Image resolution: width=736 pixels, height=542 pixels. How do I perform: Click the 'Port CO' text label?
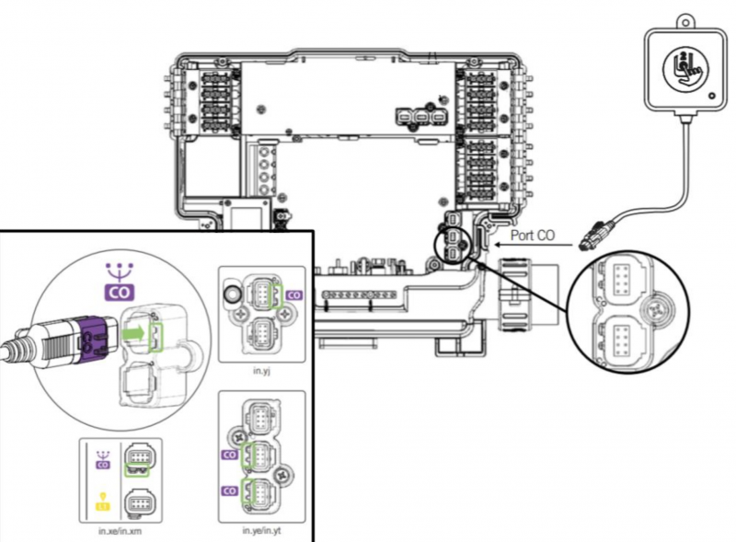pos(533,235)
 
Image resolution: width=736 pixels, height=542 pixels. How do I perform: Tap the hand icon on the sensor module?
pos(685,69)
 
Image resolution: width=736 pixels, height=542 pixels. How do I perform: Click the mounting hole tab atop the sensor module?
pos(685,21)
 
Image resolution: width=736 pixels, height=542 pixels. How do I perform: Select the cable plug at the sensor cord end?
pos(597,236)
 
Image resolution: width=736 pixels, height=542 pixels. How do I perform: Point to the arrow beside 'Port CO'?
pos(535,245)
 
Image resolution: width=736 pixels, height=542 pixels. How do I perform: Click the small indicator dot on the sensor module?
pos(712,96)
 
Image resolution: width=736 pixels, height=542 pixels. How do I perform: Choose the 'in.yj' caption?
pos(261,371)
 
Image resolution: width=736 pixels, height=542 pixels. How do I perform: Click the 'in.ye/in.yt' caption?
pos(261,531)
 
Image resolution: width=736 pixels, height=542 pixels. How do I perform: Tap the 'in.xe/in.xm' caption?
pos(121,531)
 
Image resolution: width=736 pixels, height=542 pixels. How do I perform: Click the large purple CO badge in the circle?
pos(120,292)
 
